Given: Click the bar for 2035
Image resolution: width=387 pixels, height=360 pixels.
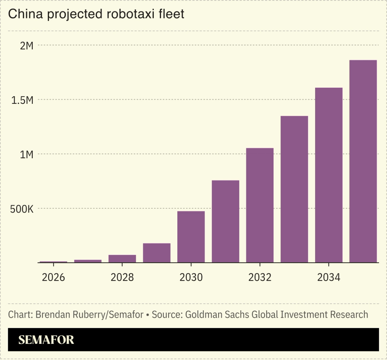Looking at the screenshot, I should point(363,161).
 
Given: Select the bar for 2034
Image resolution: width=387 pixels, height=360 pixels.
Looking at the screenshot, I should point(329,175).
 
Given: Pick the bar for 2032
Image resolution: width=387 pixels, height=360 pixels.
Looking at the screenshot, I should point(260,205).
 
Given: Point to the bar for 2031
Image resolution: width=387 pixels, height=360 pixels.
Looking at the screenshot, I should point(225,221).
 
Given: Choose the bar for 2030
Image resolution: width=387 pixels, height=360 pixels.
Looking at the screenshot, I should point(191,237).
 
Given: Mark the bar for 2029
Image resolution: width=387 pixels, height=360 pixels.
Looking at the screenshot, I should point(157,253).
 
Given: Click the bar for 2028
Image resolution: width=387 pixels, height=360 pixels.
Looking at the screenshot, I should point(122,259).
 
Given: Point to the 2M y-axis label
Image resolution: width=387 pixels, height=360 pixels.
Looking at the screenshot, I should point(27,45).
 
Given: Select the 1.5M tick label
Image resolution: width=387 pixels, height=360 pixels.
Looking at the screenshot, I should point(23,100).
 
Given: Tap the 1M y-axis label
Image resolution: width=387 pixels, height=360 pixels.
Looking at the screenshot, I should point(27,154).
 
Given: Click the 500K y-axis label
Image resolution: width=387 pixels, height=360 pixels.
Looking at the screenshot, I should point(22,209).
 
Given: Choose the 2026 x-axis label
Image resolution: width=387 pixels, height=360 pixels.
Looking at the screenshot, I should point(53,277).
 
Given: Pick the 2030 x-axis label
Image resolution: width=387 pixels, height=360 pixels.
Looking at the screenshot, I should point(191,277).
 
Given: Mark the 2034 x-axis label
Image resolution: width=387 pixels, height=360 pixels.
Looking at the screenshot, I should point(329,277).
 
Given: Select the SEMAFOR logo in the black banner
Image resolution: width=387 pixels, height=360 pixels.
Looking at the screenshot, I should point(46,340).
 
